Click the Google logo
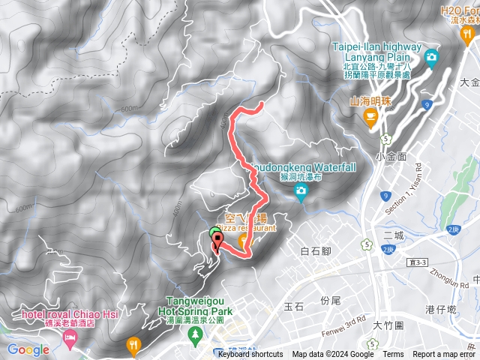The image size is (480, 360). [28, 349]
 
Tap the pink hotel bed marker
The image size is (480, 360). [70, 341]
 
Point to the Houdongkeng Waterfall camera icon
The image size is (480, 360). [301, 194]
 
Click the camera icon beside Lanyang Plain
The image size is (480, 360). [431, 58]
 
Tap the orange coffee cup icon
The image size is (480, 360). [370, 116]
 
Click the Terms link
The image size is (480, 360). [393, 355]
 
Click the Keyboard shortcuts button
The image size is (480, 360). [250, 355]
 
